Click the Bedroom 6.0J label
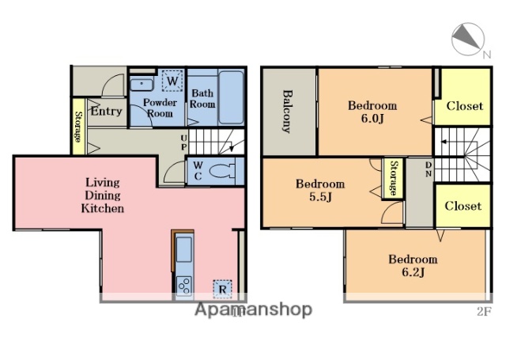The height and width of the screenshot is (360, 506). [372, 112]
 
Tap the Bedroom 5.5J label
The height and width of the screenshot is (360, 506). [320, 190]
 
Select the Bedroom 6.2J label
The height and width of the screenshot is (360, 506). [413, 265]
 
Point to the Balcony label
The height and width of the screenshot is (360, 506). [287, 112]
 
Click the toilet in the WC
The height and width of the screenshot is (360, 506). [223, 170]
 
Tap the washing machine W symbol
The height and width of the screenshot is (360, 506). [172, 81]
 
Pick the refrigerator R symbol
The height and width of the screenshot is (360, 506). [222, 289]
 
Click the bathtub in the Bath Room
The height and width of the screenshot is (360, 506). [231, 97]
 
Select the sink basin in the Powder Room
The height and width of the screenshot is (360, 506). [142, 85]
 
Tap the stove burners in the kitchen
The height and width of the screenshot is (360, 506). [184, 286]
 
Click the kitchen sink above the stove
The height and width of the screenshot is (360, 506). [184, 249]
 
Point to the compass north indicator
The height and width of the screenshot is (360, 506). [468, 39]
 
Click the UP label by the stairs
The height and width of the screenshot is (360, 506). [183, 142]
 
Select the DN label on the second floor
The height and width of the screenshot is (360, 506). [429, 169]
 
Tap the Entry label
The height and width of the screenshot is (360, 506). [106, 112]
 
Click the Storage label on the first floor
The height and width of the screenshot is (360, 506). [77, 127]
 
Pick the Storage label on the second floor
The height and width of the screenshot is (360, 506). [394, 178]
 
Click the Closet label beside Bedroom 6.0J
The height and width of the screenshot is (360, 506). [465, 106]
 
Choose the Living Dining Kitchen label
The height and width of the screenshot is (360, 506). [103, 195]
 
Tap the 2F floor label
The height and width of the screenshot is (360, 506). [484, 312]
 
